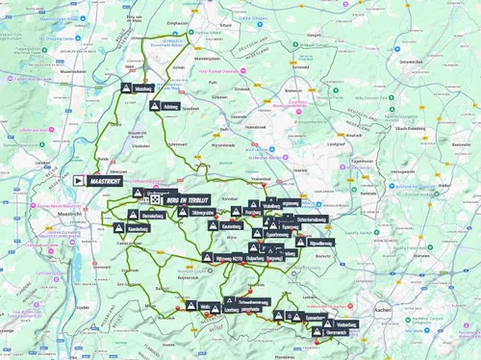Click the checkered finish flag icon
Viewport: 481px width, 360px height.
coord(155,197)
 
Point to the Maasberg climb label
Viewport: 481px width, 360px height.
coord(143,88)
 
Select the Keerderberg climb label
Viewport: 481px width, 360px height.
coord(139,229)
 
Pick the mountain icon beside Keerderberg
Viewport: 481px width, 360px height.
coord(119,229)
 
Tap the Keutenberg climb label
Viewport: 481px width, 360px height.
coord(230,225)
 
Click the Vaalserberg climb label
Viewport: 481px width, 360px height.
coord(346,324)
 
